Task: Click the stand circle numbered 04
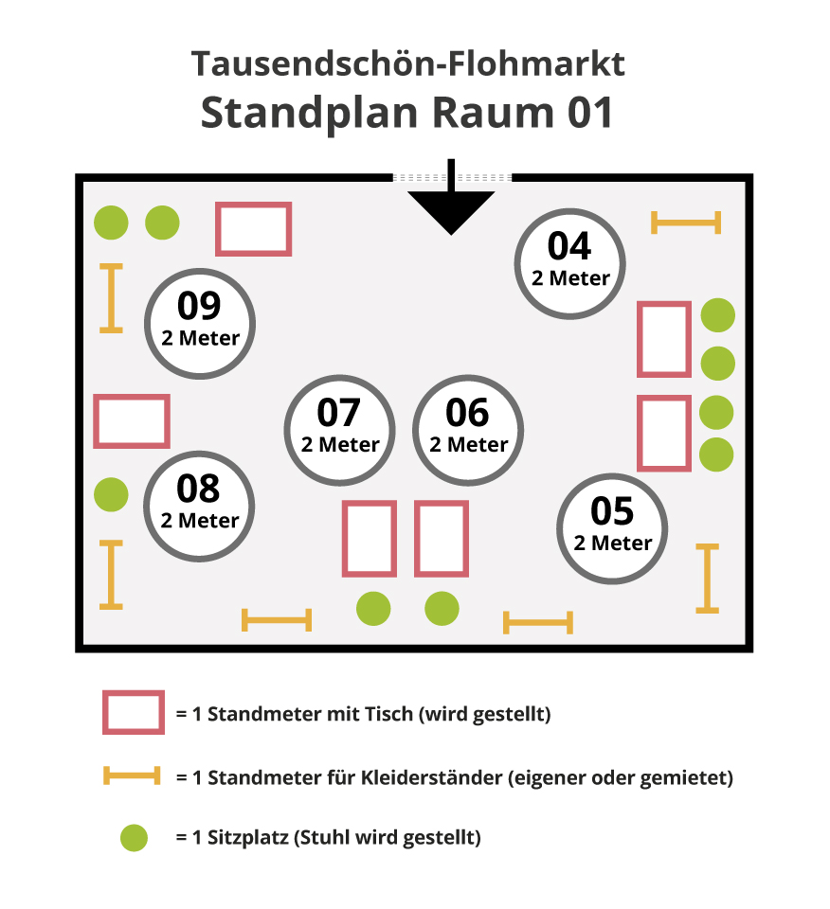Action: click(569, 261)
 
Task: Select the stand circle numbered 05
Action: click(612, 526)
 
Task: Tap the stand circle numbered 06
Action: click(468, 428)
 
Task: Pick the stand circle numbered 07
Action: click(339, 428)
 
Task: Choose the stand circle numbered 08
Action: click(199, 504)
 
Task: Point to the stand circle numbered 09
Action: click(199, 322)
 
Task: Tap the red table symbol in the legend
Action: click(133, 712)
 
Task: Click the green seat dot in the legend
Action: click(134, 838)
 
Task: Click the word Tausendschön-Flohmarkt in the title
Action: click(408, 64)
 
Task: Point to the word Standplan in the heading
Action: click(309, 113)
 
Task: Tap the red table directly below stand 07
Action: click(369, 538)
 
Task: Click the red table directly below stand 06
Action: click(442, 538)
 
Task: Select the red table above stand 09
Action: click(253, 229)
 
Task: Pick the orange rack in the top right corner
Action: click(686, 223)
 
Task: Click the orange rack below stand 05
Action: click(707, 578)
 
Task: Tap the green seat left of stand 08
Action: click(111, 493)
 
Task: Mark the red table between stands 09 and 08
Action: click(132, 421)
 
